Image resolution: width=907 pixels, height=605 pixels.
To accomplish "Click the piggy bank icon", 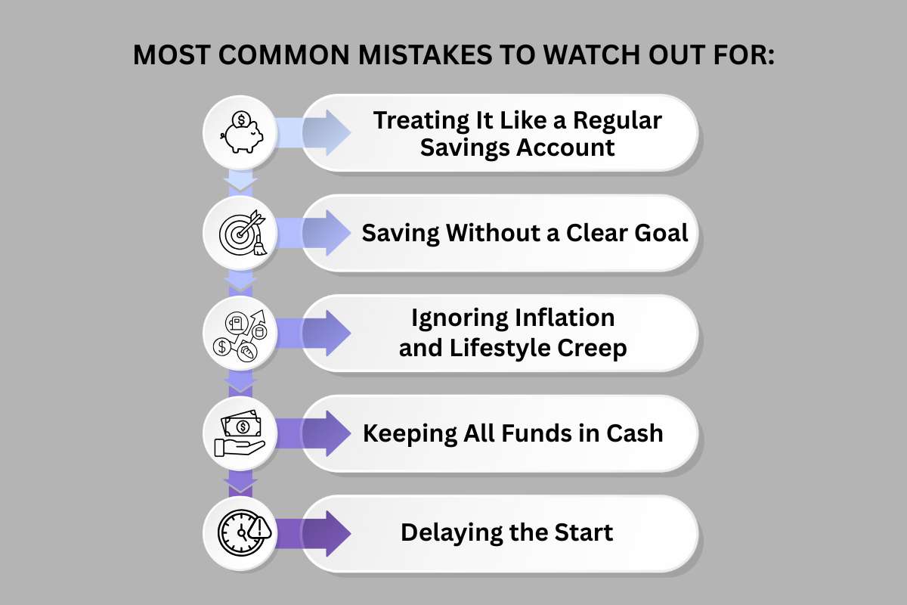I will click(x=240, y=132).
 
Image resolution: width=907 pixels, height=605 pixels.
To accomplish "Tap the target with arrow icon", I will click(x=240, y=233).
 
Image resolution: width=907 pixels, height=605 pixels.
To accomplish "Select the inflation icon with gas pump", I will click(x=240, y=334).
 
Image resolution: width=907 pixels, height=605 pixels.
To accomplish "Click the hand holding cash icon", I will click(x=240, y=434).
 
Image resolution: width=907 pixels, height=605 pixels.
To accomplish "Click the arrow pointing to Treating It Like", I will click(x=317, y=133).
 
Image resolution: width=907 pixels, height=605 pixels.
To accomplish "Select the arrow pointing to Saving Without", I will click(x=317, y=232).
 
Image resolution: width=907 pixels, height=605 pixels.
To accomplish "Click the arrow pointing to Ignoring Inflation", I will click(x=317, y=333).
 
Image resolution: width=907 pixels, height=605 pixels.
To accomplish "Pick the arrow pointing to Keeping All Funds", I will click(x=317, y=433).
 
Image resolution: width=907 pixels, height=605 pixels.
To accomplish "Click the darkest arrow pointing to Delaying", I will click(x=317, y=533).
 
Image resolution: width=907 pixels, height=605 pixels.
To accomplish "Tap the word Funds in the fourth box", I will click(x=538, y=433).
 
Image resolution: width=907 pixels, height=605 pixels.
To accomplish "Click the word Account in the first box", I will click(x=566, y=147).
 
